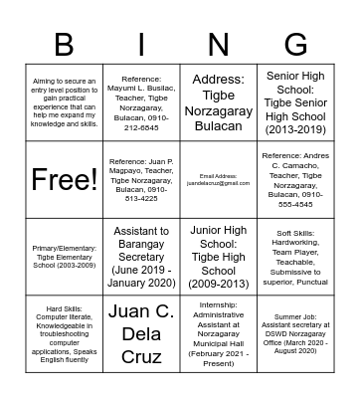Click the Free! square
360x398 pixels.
tap(64, 181)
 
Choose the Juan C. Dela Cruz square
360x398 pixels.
tap(140, 333)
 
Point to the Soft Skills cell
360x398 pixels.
tap(295, 257)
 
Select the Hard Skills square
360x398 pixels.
tap(64, 333)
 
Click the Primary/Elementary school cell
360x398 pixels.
tap(64, 257)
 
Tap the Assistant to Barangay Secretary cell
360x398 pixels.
tap(140, 257)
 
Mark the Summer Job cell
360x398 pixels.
tap(295, 333)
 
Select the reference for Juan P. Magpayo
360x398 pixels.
tap(140, 181)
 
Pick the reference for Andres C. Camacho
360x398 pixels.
tap(295, 181)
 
